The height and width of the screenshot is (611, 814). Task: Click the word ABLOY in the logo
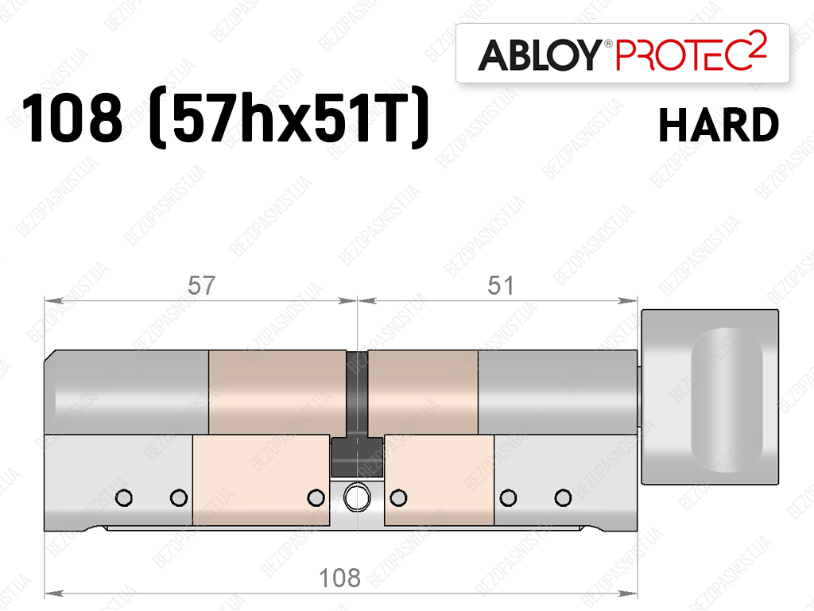point(539,55)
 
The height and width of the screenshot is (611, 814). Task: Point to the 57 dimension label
point(201,285)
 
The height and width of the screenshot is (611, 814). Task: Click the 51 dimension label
point(501,285)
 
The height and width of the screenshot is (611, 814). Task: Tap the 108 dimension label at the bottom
point(339,578)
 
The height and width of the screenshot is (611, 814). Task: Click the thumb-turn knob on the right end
point(710,396)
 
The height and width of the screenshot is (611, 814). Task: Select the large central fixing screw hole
point(357,497)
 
